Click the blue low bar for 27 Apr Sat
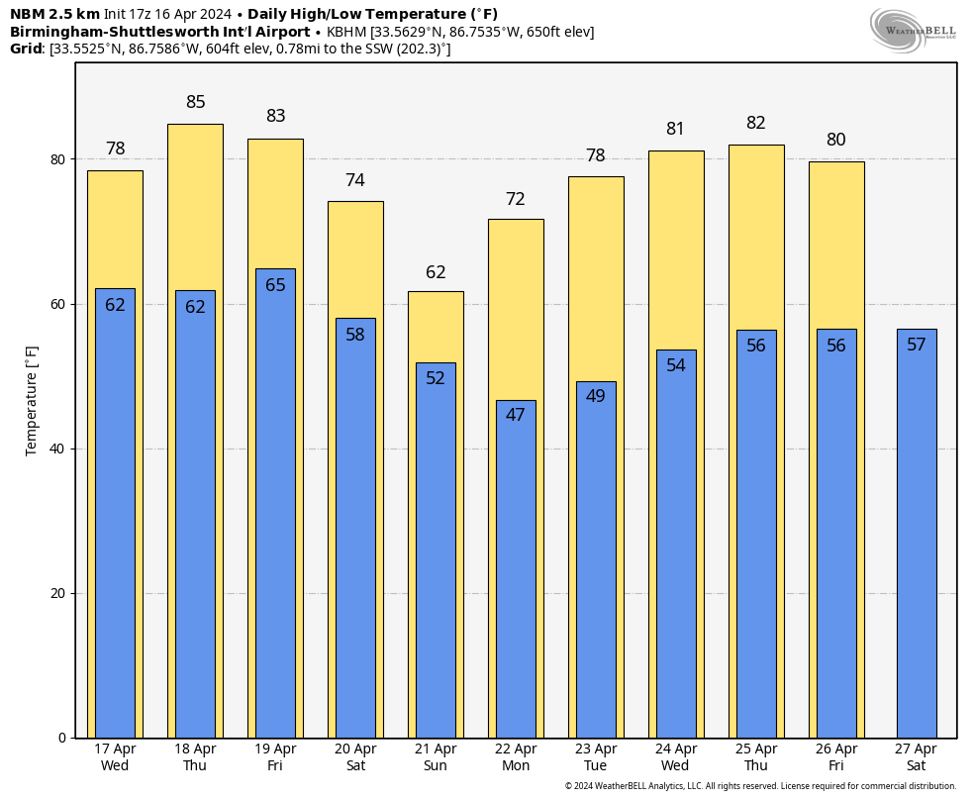point(917,535)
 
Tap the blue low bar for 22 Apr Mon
point(516,574)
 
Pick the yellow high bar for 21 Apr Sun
point(436,327)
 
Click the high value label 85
point(196,102)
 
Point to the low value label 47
point(516,415)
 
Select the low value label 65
point(275,285)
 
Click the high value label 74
point(355,180)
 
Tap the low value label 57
point(917,345)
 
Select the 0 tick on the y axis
point(62,738)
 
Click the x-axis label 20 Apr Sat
point(355,757)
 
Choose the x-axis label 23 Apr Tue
point(596,757)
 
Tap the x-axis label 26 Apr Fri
point(836,757)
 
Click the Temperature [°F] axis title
point(32,400)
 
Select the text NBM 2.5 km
point(54,14)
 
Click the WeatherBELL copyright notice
point(760,786)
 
